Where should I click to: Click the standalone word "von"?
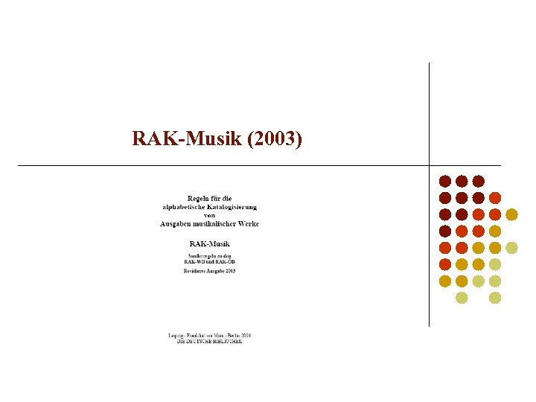coord(209,215)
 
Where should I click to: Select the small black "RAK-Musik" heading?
coord(209,243)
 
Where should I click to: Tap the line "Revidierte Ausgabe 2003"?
coord(209,271)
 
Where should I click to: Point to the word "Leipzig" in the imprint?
coord(176,336)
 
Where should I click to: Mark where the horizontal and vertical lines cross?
coord(430,165)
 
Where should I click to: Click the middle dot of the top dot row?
coord(462,181)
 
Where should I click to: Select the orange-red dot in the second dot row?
coord(495,197)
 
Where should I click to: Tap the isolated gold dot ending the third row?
coord(511,214)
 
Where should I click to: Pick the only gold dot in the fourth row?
coord(495,231)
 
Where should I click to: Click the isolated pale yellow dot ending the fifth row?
coord(511,248)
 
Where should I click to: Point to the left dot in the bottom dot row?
coord(462,298)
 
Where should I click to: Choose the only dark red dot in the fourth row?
coord(445,231)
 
